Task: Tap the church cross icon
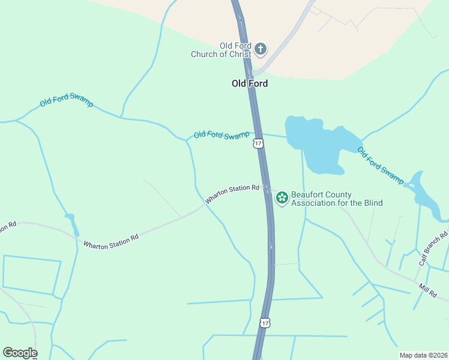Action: tap(260, 49)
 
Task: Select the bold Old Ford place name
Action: tap(250, 83)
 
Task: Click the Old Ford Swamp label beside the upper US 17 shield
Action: tap(221, 135)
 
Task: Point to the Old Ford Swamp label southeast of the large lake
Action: tap(381, 164)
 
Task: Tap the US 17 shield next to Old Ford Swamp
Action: tap(258, 143)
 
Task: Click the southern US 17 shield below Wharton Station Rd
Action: tap(265, 323)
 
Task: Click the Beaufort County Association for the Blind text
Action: tap(336, 199)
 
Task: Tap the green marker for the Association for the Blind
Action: tap(282, 197)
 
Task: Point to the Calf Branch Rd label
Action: tap(433, 248)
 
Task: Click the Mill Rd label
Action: tap(428, 290)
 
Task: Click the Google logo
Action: tap(20, 353)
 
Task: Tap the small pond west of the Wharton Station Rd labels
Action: tap(73, 225)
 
